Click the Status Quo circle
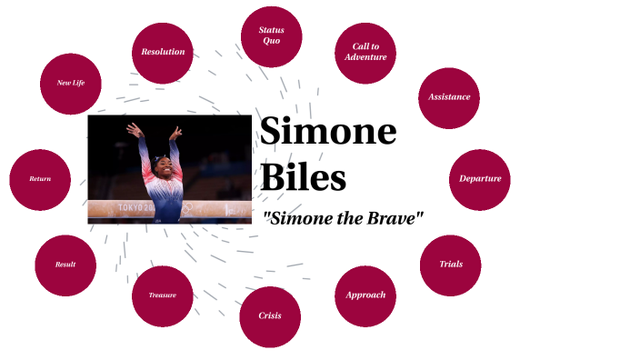pyautogui.click(x=271, y=36)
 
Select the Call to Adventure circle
pyautogui.click(x=365, y=52)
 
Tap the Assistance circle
pyautogui.click(x=449, y=97)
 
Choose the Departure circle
pyautogui.click(x=479, y=179)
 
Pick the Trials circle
pyautogui.click(x=450, y=265)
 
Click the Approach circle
pyautogui.click(x=365, y=295)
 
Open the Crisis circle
pyautogui.click(x=270, y=316)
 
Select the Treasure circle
pyautogui.click(x=163, y=295)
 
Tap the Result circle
pyautogui.click(x=65, y=265)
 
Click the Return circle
pyautogui.click(x=40, y=179)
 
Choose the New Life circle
pyautogui.click(x=71, y=83)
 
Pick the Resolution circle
pyautogui.click(x=163, y=53)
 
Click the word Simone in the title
pyautogui.click(x=328, y=133)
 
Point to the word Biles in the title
pyautogui.click(x=304, y=176)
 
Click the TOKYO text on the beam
pyautogui.click(x=135, y=209)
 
